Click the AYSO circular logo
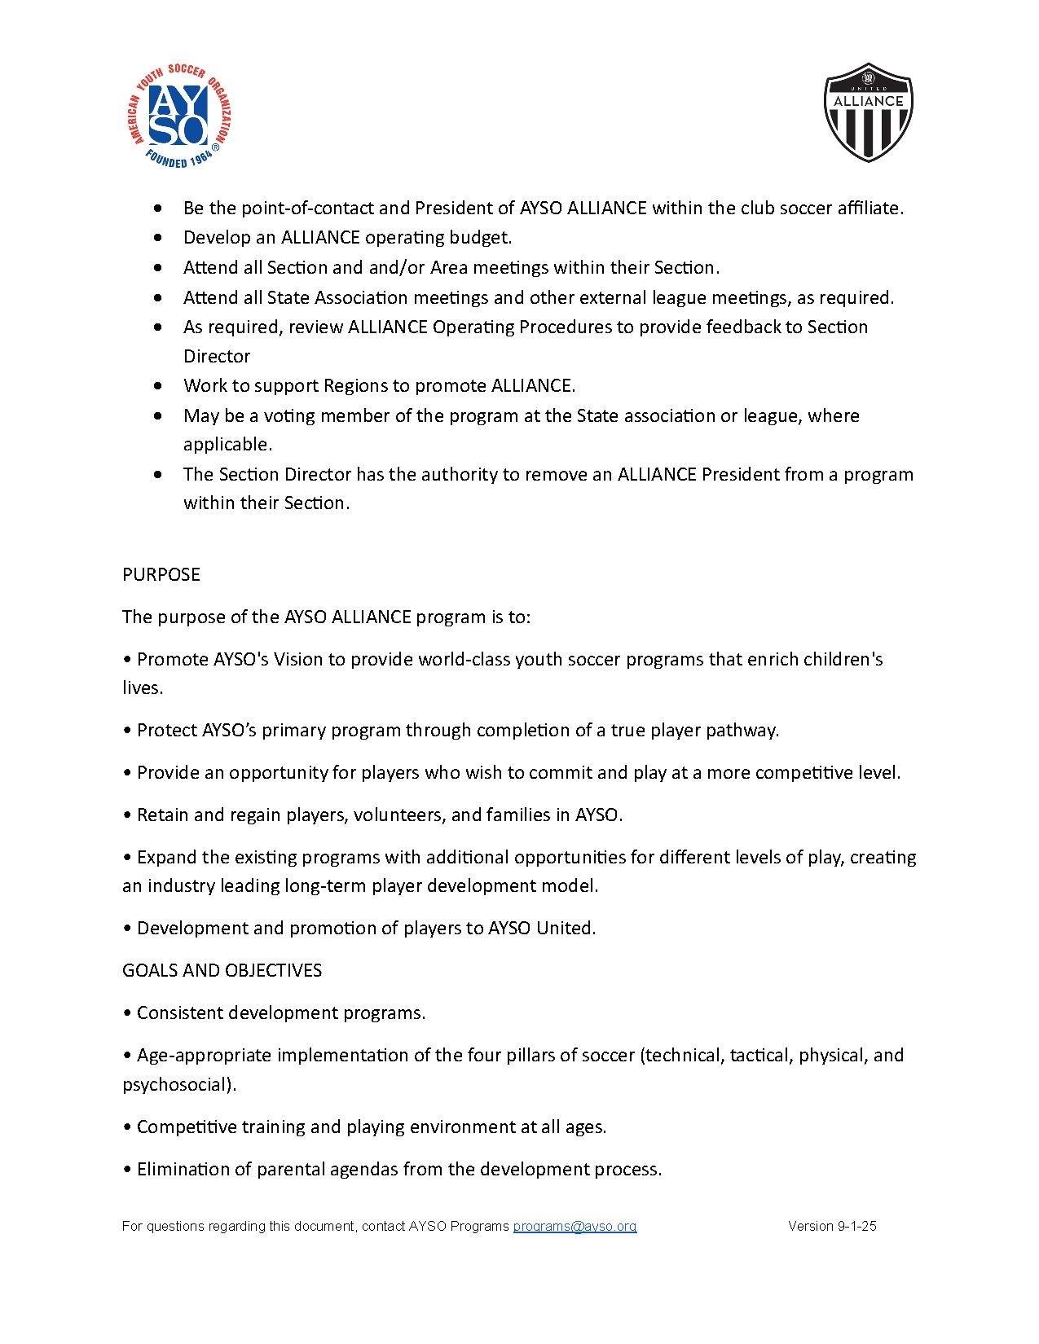[x=178, y=116]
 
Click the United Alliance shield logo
[x=868, y=112]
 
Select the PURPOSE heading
[x=161, y=574]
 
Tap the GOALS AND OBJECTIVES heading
[x=222, y=970]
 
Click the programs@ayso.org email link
[x=575, y=1226]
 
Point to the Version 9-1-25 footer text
[x=832, y=1226]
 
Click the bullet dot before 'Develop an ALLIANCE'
[x=158, y=238]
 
